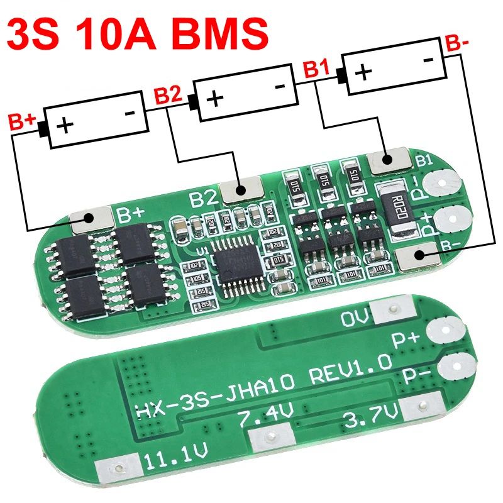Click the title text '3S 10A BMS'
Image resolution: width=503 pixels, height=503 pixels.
pyautogui.click(x=137, y=31)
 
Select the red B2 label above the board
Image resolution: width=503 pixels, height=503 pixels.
pyautogui.click(x=168, y=96)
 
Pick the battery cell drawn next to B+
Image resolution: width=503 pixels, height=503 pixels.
pyautogui.click(x=97, y=119)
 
